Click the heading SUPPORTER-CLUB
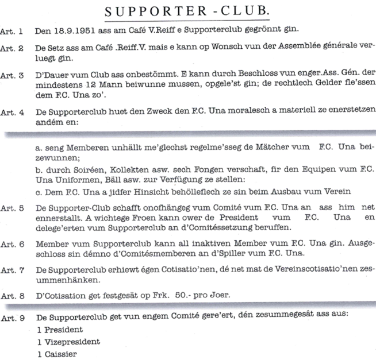tap(188, 11)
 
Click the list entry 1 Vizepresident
tap(67, 341)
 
